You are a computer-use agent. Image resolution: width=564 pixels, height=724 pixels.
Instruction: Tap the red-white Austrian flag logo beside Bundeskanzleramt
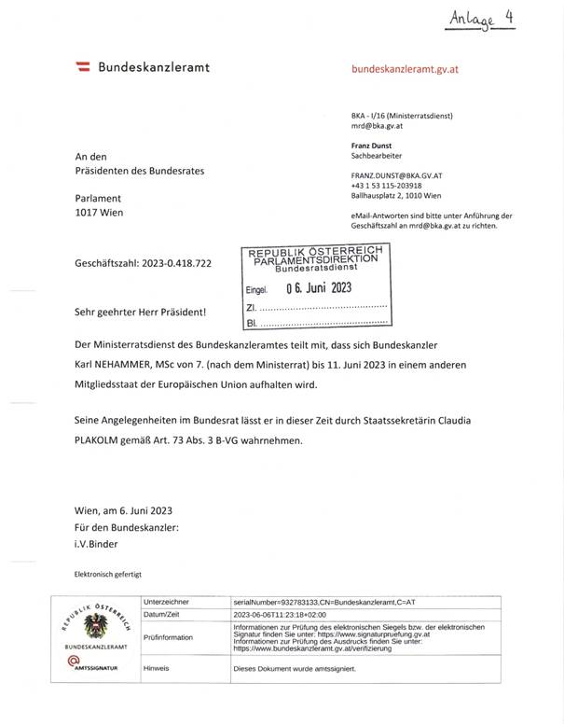coord(83,67)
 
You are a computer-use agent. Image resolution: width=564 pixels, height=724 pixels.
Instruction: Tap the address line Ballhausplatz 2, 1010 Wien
coord(397,196)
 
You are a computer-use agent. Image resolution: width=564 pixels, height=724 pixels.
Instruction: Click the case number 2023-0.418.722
coord(177,264)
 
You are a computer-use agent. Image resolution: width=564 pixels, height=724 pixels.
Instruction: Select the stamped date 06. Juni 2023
coord(317,287)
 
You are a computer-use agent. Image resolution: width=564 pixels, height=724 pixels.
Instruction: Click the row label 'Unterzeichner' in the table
coord(169,603)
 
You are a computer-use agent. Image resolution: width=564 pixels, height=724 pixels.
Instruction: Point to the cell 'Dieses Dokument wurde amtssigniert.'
coord(291,668)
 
